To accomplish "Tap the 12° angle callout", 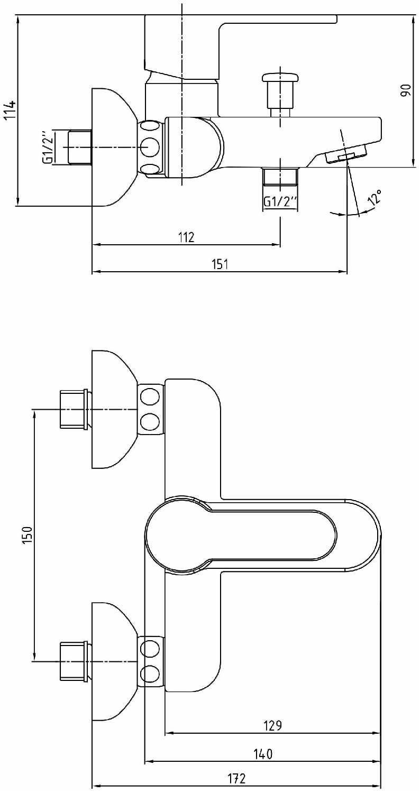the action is pos(375,197).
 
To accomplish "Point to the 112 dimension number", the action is pos(186,237).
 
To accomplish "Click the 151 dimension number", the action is pos(220,264).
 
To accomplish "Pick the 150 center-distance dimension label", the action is pos(28,535).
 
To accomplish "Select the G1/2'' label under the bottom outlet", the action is pos(280,202).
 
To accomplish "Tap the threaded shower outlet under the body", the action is pos(280,177).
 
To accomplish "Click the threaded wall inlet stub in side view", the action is pos(80,147).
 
